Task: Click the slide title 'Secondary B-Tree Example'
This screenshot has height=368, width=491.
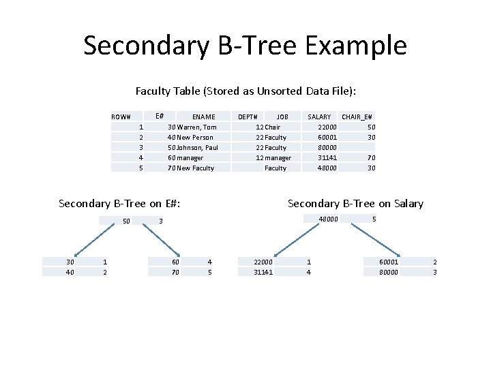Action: pyautogui.click(x=245, y=46)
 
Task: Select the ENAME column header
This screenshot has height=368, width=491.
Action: pyautogui.click(x=203, y=117)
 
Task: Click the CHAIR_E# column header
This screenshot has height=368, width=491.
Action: pyautogui.click(x=358, y=117)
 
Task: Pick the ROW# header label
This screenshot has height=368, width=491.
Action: pyautogui.click(x=126, y=117)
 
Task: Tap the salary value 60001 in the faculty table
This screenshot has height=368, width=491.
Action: pyautogui.click(x=327, y=137)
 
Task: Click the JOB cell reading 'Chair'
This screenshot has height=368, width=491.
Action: pyautogui.click(x=272, y=127)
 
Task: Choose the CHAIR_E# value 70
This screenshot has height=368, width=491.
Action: pyautogui.click(x=370, y=157)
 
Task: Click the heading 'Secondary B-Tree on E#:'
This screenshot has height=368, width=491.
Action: pyautogui.click(x=123, y=203)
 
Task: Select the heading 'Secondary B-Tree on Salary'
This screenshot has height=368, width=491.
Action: pyautogui.click(x=355, y=203)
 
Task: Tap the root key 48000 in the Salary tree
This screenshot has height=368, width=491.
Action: pyautogui.click(x=329, y=219)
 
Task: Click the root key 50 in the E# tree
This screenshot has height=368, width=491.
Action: pyautogui.click(x=126, y=221)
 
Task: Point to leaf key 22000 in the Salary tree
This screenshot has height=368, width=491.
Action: pyautogui.click(x=263, y=262)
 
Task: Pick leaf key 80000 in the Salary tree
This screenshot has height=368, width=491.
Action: pyautogui.click(x=389, y=272)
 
